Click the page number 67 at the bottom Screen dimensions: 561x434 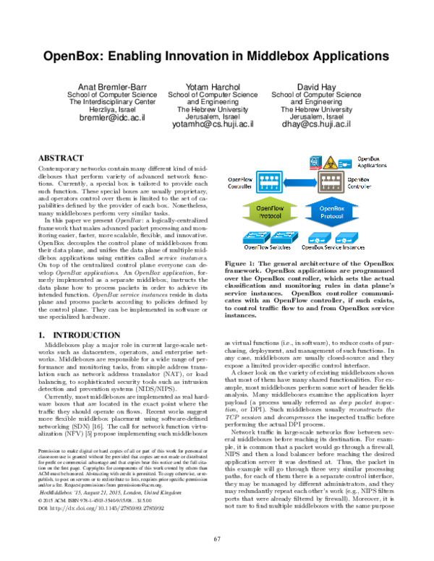(216, 539)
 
